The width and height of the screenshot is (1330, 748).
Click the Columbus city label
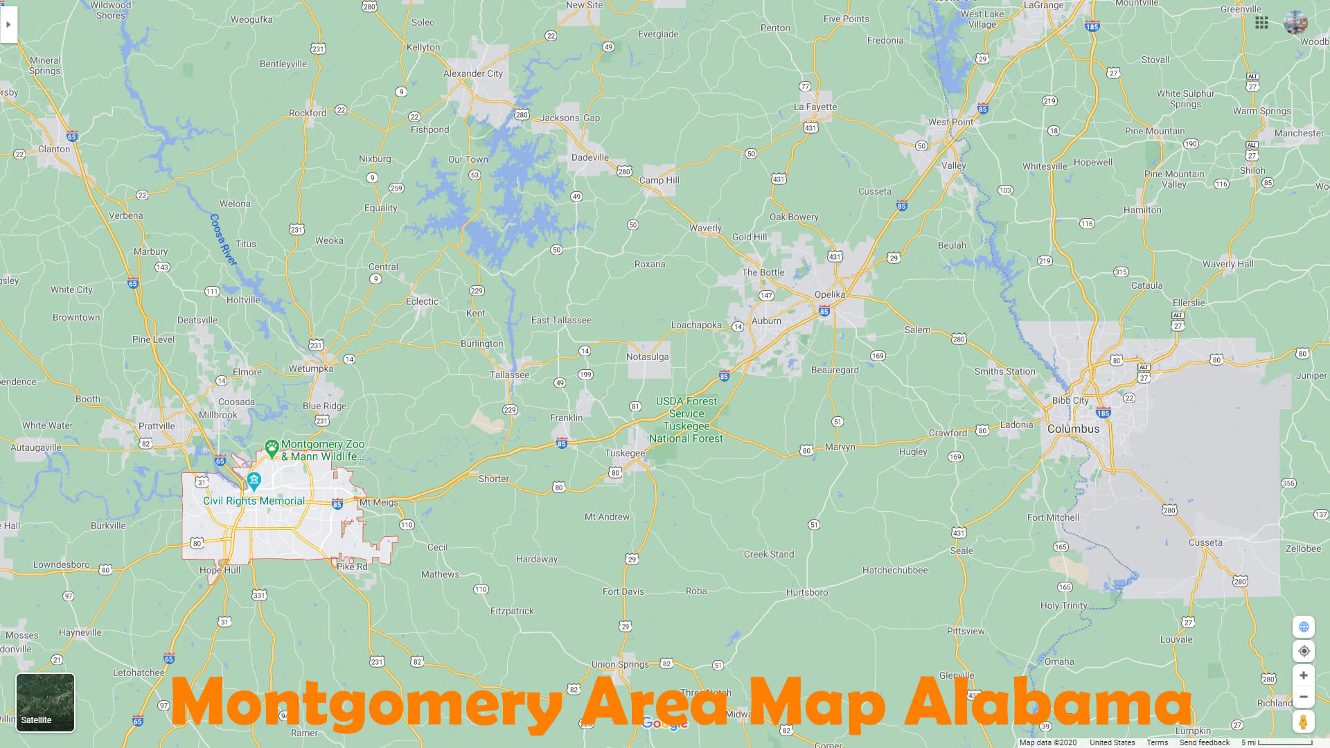(1073, 429)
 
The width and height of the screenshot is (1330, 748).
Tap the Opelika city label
(829, 294)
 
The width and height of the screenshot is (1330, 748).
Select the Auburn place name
(766, 321)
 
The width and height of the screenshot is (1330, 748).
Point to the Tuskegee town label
(624, 453)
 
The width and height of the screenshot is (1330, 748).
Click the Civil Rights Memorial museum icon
(254, 480)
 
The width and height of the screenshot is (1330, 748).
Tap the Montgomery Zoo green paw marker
(272, 447)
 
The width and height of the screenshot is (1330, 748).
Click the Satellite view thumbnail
(45, 702)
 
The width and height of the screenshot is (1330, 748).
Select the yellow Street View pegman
(1303, 722)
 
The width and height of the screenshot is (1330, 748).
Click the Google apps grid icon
(1261, 23)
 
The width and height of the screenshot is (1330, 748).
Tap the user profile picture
(1295, 23)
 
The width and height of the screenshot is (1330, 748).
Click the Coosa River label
(223, 239)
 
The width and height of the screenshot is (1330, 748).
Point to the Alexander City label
(473, 73)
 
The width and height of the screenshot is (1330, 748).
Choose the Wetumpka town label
(311, 368)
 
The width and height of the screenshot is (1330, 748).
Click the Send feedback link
(1204, 742)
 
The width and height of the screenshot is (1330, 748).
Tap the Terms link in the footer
(1157, 742)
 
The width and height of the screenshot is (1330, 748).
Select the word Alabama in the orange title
(1048, 703)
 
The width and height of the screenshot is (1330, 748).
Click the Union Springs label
(620, 664)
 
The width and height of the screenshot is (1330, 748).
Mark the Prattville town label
(157, 426)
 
